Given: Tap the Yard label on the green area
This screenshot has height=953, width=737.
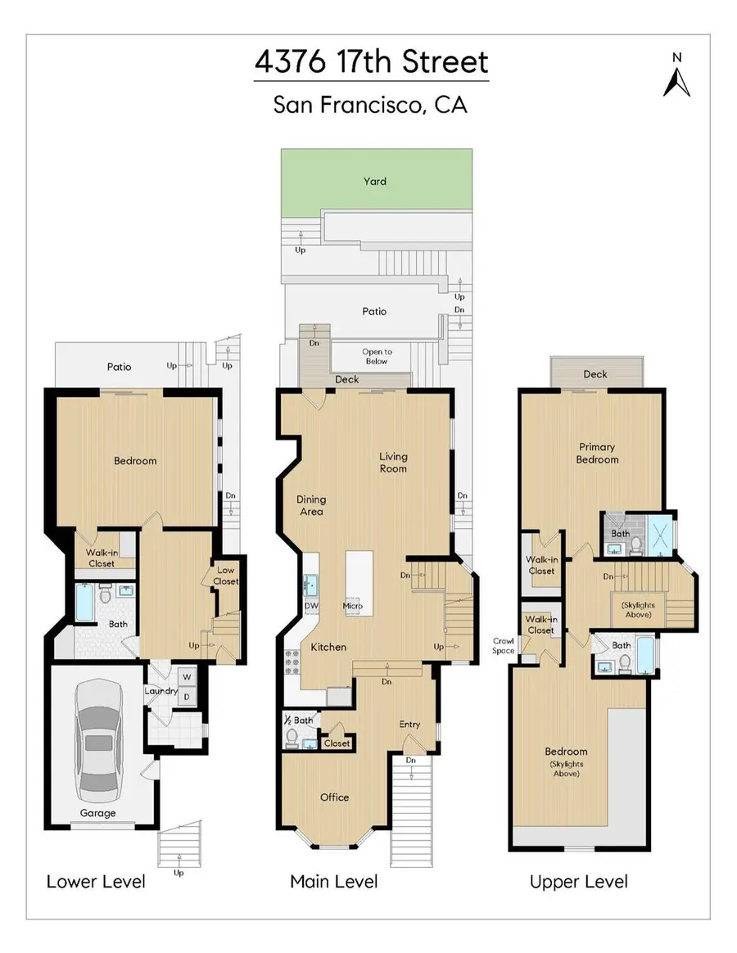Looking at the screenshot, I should click(375, 181).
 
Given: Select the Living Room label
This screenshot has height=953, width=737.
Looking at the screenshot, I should click(393, 463).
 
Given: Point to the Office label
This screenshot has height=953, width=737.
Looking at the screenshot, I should click(334, 797).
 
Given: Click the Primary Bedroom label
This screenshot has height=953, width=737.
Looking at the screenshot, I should click(597, 454).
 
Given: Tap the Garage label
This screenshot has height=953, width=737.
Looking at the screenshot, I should click(97, 813).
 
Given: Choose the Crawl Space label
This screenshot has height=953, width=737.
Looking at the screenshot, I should click(502, 645).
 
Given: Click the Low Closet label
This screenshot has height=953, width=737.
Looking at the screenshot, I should click(226, 576).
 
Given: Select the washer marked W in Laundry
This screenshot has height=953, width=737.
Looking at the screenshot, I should click(186, 677).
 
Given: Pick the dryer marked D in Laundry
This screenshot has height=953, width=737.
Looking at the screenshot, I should click(186, 697).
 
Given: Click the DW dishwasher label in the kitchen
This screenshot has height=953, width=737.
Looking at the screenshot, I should click(311, 606).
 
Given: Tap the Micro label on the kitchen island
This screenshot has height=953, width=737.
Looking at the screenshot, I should click(353, 606).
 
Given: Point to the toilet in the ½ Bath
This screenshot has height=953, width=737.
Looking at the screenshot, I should click(291, 737).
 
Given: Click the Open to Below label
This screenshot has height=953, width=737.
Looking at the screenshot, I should click(377, 356).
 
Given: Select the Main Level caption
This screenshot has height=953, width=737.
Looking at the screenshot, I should click(334, 881).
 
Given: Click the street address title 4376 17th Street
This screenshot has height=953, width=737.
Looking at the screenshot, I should click(371, 63).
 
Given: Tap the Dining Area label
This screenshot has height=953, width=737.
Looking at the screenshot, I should click(311, 505).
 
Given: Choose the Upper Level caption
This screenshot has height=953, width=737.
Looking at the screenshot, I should click(578, 881).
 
